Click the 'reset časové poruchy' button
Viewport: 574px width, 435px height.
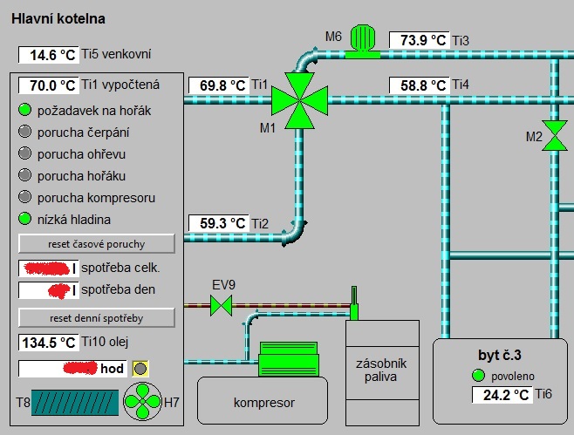pos(97,242)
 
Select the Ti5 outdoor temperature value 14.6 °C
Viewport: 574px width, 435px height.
pos(49,55)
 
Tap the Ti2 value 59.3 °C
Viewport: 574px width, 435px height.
pos(218,223)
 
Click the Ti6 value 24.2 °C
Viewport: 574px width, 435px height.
pos(502,395)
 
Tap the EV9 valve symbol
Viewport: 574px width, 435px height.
pos(223,304)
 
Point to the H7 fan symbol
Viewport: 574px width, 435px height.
pos(140,403)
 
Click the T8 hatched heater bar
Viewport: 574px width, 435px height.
pos(72,402)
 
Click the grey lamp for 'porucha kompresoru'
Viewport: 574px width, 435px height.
pos(24,197)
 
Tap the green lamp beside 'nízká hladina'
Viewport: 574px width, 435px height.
pos(24,219)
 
